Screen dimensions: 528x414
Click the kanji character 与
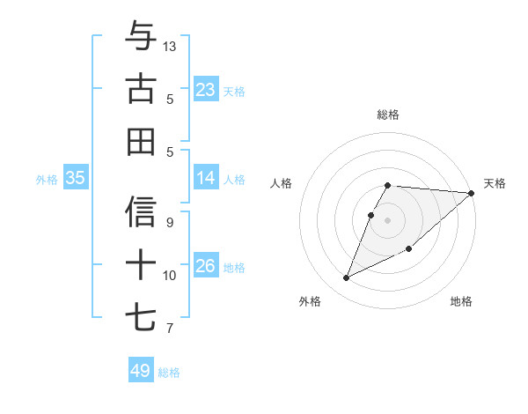click(x=141, y=37)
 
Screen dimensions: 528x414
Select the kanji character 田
click(x=141, y=141)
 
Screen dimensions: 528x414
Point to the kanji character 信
click(x=141, y=212)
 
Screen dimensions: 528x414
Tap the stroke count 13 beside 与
click(x=170, y=45)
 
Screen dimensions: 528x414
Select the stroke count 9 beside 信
click(x=170, y=223)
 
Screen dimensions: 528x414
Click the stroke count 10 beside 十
click(x=170, y=276)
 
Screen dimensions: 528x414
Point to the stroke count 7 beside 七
click(x=170, y=329)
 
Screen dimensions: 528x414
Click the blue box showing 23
click(x=205, y=90)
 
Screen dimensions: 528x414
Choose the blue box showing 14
click(x=205, y=178)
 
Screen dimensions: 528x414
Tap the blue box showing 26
click(x=205, y=266)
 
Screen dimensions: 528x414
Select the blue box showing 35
click(x=76, y=178)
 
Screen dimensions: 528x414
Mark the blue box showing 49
click(x=141, y=371)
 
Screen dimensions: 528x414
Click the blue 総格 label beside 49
click(x=169, y=373)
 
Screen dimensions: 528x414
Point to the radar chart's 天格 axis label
click(x=495, y=183)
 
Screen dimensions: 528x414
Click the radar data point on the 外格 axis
click(x=347, y=278)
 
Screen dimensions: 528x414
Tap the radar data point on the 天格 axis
click(x=471, y=193)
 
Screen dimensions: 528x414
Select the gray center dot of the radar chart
click(x=387, y=219)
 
